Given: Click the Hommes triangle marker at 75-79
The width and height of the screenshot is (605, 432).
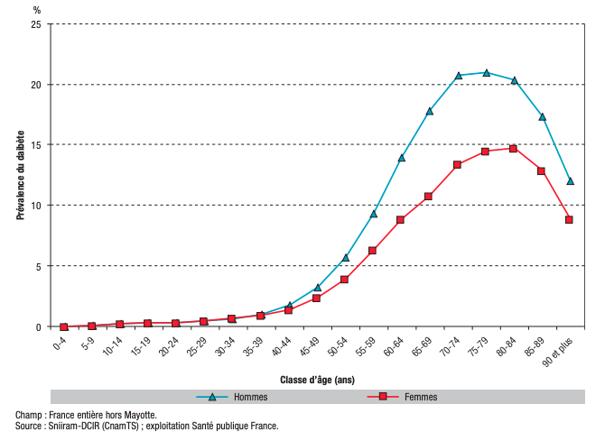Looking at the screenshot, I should [x=487, y=72].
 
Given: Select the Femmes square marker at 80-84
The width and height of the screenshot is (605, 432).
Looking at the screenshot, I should [x=513, y=149].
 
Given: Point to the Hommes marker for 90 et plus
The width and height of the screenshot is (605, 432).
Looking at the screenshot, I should [x=570, y=180].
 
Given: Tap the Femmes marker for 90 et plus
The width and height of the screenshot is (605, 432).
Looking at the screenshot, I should [x=570, y=219].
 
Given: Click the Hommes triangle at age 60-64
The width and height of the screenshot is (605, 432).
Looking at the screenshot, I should [x=401, y=158].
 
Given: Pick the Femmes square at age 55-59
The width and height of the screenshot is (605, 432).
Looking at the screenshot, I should [x=372, y=251].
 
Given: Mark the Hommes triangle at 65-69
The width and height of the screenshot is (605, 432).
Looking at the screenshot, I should [x=429, y=111].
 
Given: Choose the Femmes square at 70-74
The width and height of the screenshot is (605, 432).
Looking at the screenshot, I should [x=458, y=165].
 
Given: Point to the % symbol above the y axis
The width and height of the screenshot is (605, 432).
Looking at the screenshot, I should [x=37, y=10].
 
